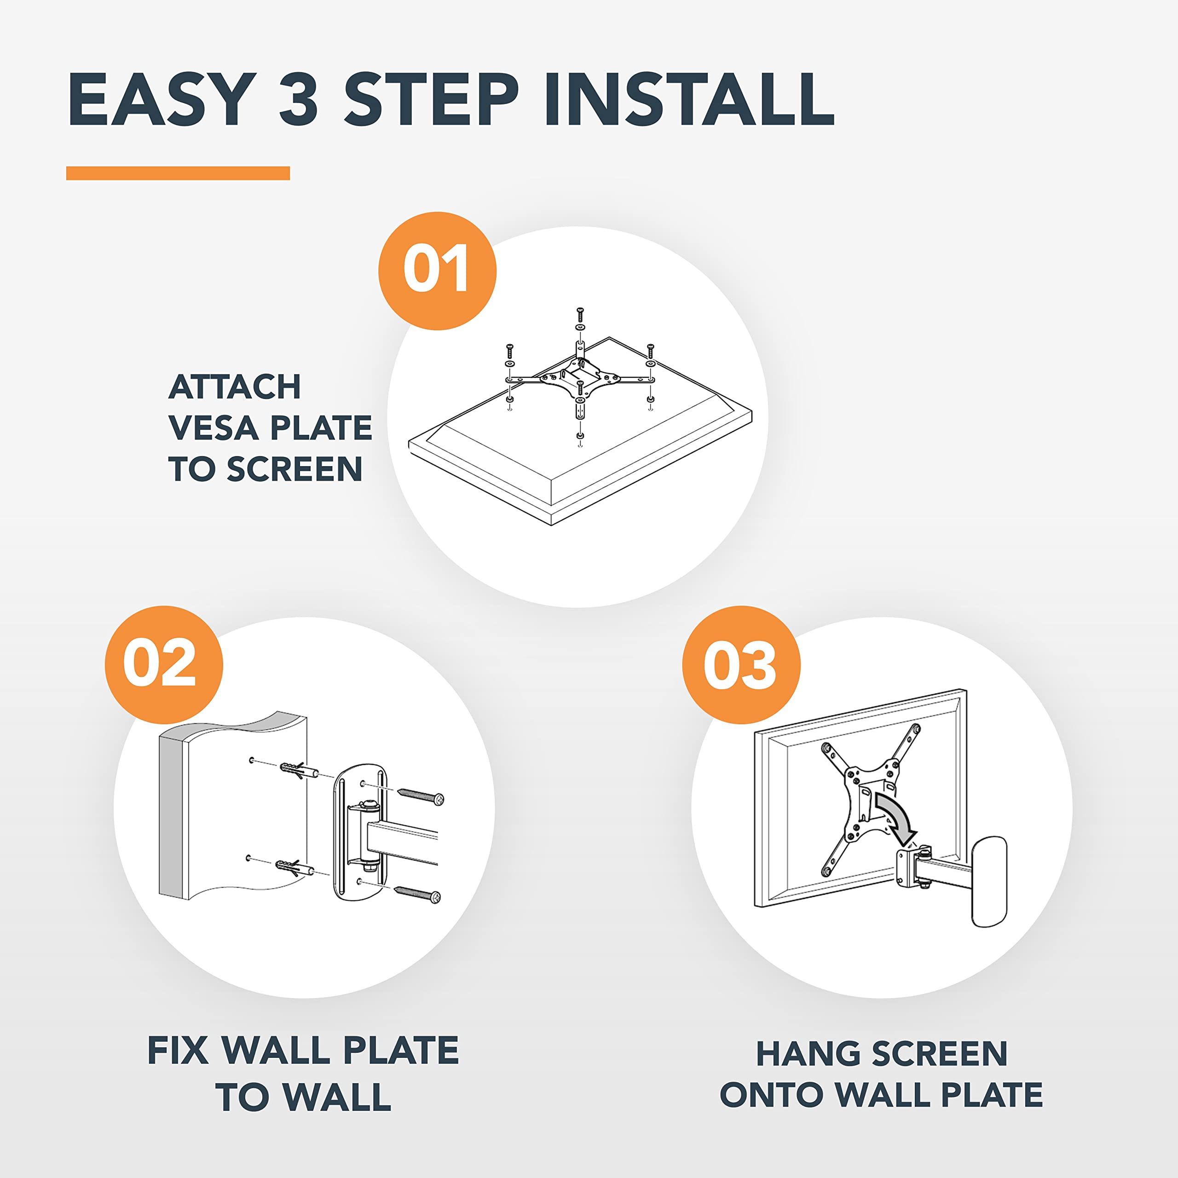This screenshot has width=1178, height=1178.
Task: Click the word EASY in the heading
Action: click(162, 99)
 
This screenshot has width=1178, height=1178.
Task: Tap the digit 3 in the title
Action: click(299, 99)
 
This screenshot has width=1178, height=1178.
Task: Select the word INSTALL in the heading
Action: click(689, 99)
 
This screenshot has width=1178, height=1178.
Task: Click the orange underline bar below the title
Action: click(178, 173)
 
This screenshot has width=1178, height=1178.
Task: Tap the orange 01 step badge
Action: click(437, 271)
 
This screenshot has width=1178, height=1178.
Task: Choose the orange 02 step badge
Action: click(164, 664)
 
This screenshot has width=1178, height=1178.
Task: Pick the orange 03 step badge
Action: click(741, 664)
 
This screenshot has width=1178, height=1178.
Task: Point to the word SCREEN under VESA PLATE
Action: click(294, 469)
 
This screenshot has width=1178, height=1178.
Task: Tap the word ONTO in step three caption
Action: click(771, 1094)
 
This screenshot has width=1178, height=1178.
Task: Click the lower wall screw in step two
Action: click(418, 894)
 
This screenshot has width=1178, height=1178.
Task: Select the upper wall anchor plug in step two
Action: click(299, 768)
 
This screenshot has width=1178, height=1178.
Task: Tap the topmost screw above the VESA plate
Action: click(580, 316)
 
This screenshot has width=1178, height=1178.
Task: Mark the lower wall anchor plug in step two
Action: click(295, 867)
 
